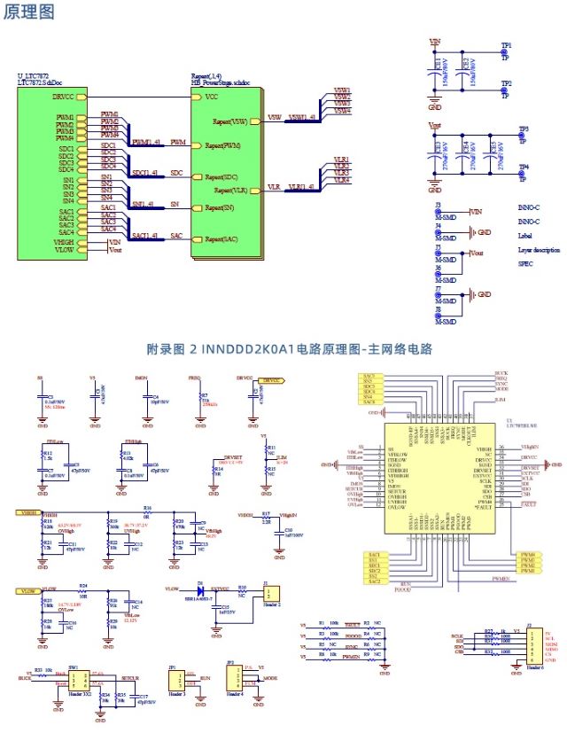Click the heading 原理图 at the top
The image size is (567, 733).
click(x=28, y=12)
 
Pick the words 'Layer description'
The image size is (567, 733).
click(x=539, y=250)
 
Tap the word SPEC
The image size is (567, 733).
click(x=525, y=264)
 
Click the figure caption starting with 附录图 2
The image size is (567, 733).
click(x=290, y=349)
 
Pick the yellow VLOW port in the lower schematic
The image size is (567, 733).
click(x=27, y=589)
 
